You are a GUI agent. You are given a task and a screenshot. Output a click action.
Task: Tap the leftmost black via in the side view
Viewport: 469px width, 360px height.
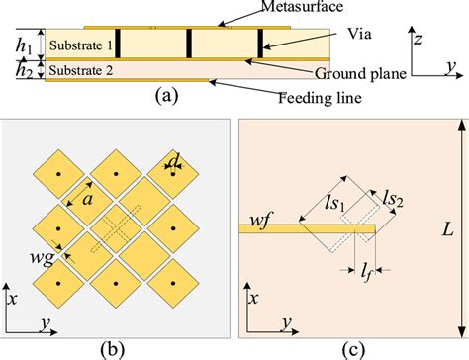pos(118,42)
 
